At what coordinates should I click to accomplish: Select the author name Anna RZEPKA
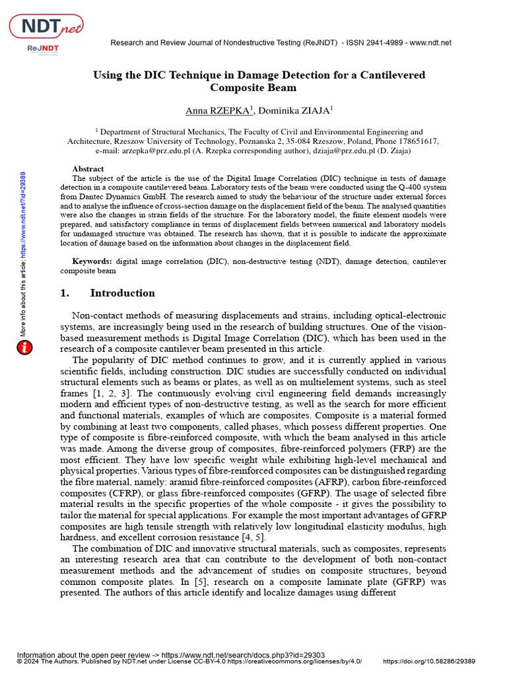coord(215,110)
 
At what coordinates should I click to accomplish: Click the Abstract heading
coord(88,169)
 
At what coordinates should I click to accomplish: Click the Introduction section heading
coord(122,293)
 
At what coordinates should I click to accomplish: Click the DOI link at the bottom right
coord(429,661)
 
